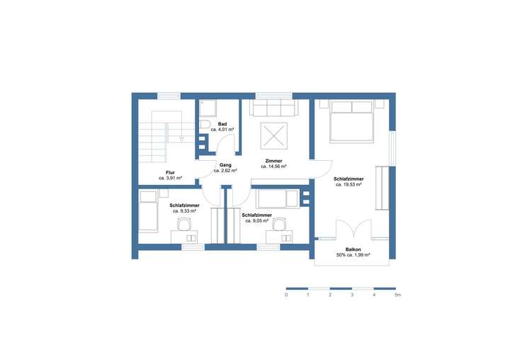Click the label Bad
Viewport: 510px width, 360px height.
pyautogui.click(x=222, y=124)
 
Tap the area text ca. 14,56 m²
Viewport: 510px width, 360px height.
pyautogui.click(x=273, y=167)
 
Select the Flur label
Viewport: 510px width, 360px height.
pyautogui.click(x=171, y=173)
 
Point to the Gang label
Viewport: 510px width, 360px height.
pyautogui.click(x=225, y=165)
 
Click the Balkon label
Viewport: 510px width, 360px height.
pyautogui.click(x=354, y=249)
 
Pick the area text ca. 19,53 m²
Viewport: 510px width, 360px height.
pyautogui.click(x=348, y=185)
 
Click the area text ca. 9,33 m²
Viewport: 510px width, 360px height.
pyautogui.click(x=184, y=211)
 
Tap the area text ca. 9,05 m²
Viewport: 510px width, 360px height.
pyautogui.click(x=256, y=220)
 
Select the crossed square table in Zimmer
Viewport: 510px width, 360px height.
pyautogui.click(x=273, y=135)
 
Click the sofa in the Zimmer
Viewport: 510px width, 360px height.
pyautogui.click(x=273, y=108)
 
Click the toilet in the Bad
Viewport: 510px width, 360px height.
pyautogui.click(x=205, y=125)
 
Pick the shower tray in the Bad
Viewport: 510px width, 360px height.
pyautogui.click(x=208, y=108)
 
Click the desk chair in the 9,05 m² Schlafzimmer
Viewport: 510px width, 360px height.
pyautogui.click(x=281, y=224)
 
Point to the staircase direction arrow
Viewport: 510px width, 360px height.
pyautogui.click(x=182, y=140)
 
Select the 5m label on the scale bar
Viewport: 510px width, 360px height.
pyautogui.click(x=398, y=294)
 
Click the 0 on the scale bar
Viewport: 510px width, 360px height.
pyautogui.click(x=286, y=294)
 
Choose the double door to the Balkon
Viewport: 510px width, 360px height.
pyautogui.click(x=352, y=230)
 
